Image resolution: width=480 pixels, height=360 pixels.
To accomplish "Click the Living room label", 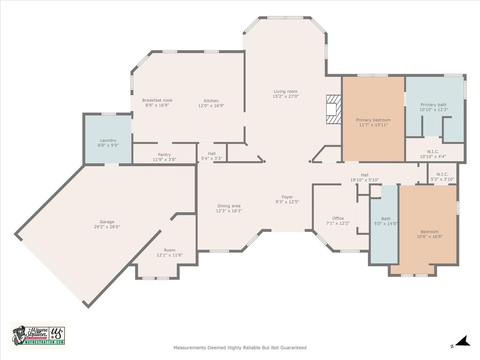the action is click(x=285, y=91).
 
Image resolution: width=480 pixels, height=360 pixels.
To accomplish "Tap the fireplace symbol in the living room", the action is click(x=333, y=109).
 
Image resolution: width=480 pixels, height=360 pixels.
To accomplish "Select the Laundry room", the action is click(x=108, y=139).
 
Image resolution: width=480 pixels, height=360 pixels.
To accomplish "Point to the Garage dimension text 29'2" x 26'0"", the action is click(x=107, y=227).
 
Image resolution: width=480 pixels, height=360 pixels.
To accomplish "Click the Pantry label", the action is click(x=165, y=155).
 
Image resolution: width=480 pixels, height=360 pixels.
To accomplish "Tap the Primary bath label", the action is click(x=434, y=105).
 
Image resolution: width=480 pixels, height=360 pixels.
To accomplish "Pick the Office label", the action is click(x=338, y=218).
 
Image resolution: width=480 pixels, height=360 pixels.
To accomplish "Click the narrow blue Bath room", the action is click(x=384, y=224).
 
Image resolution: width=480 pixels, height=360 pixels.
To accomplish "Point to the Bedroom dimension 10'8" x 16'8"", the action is click(x=430, y=237).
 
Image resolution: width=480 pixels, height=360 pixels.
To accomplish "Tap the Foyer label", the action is click(x=287, y=197).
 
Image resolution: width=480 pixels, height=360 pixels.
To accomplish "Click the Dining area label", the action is click(x=229, y=206).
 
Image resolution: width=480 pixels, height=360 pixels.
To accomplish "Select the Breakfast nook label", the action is click(x=157, y=100).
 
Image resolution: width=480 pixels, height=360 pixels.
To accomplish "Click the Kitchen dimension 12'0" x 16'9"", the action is click(x=211, y=106).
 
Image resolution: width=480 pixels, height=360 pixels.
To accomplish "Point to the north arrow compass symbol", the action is click(x=462, y=341).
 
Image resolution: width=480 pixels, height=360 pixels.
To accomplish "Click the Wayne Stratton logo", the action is click(x=38, y=335).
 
